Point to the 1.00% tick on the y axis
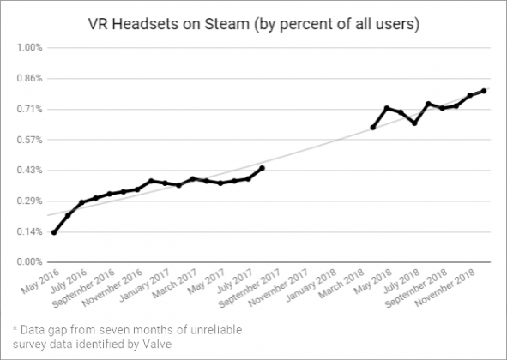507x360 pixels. coord(30,47)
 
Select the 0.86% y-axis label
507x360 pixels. coord(30,78)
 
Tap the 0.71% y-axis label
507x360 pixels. coord(30,109)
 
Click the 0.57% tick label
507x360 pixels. coord(30,139)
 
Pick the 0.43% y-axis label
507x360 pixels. coord(30,170)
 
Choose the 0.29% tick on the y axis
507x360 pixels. coord(30,201)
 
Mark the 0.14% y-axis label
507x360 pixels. coord(30,231)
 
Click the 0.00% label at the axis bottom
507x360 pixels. coord(30,261)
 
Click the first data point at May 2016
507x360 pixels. coord(54,232)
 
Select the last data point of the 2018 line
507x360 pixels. coord(484,91)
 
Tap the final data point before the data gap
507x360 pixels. coord(262,168)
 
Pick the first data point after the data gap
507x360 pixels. coord(373,127)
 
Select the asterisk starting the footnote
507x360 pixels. coord(15,327)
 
